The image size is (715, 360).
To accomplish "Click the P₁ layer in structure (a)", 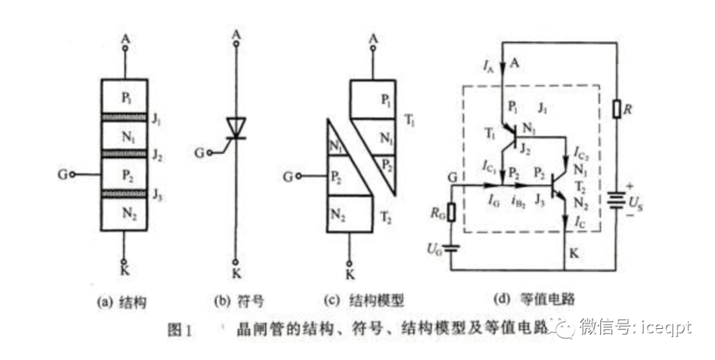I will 124,97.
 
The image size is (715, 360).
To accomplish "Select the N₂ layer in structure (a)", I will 124,213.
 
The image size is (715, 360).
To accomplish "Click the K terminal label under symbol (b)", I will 236,272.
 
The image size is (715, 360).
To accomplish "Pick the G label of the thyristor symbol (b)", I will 199,153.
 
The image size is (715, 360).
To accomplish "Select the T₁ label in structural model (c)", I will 408,120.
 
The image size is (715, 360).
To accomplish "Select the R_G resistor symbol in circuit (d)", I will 452,212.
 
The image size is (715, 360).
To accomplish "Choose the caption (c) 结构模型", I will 368,301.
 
